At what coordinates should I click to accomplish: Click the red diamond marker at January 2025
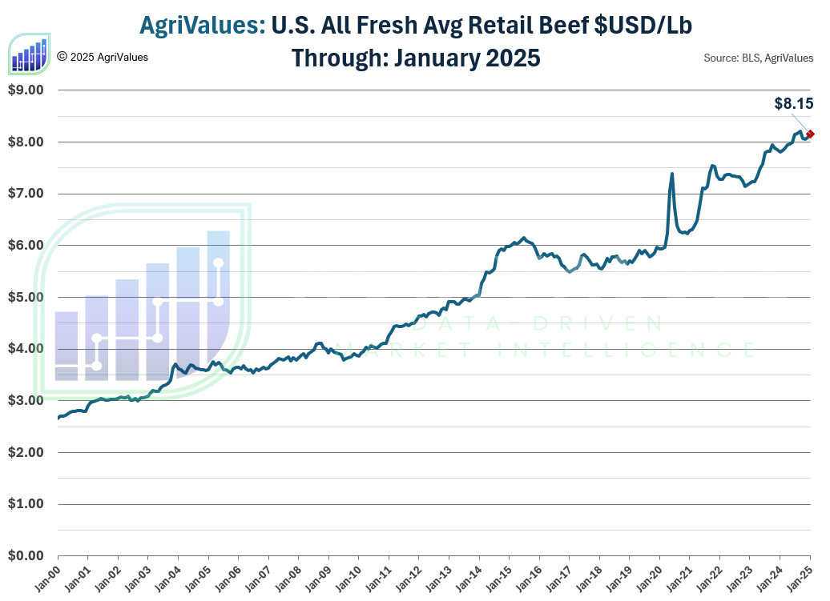pyautogui.click(x=811, y=134)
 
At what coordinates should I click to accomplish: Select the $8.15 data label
pyautogui.click(x=793, y=103)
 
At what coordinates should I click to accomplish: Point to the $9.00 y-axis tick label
pyautogui.click(x=27, y=90)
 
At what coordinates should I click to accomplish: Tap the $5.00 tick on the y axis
pyautogui.click(x=27, y=298)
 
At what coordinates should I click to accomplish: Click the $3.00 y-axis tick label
pyautogui.click(x=27, y=401)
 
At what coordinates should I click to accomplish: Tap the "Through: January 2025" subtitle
pyautogui.click(x=415, y=58)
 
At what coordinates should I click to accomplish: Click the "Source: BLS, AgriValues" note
pyautogui.click(x=758, y=58)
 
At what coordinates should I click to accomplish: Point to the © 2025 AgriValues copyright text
pyautogui.click(x=103, y=57)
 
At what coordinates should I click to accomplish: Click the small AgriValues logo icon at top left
pyautogui.click(x=29, y=54)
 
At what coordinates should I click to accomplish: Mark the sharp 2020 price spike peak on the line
pyautogui.click(x=671, y=174)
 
